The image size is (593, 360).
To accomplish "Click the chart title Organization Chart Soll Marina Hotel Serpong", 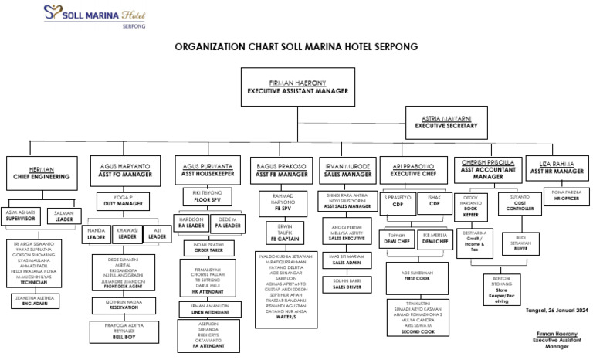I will click(x=296, y=47).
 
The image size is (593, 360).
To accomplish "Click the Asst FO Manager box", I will click(x=124, y=170).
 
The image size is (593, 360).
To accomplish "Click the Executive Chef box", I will click(x=414, y=170).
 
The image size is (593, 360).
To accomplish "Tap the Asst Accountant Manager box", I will click(x=487, y=169).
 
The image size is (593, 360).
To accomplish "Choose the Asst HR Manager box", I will click(x=556, y=168).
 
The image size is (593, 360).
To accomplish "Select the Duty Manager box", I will click(x=124, y=202).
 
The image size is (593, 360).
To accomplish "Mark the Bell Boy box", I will click(x=124, y=332).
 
